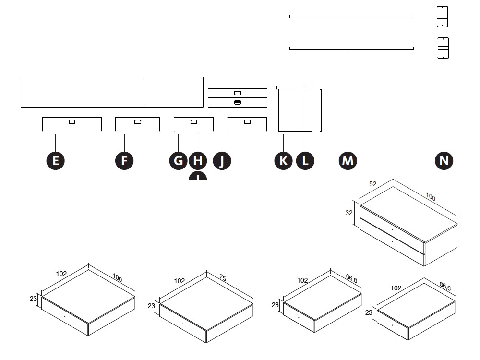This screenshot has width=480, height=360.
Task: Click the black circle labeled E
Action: (x=56, y=160)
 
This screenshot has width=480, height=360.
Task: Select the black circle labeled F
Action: (x=124, y=160)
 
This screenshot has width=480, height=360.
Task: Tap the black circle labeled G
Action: (x=179, y=160)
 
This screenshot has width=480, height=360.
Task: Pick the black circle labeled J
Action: (x=222, y=160)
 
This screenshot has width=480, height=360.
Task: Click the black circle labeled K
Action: (x=283, y=160)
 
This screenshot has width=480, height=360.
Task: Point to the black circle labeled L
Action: (x=305, y=160)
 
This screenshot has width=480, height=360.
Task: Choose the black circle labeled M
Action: (x=348, y=160)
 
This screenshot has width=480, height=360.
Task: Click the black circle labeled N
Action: (x=444, y=160)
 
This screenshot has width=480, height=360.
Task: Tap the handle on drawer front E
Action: (x=72, y=122)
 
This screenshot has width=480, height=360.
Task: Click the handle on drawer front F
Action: (x=138, y=122)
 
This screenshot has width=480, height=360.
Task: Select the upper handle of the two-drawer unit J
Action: (x=238, y=93)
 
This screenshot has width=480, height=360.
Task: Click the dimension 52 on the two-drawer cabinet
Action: (x=372, y=184)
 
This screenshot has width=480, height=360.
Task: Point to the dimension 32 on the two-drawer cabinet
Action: (x=349, y=213)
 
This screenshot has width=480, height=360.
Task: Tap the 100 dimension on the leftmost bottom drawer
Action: (x=118, y=278)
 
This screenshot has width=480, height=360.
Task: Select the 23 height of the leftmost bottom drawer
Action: (x=34, y=299)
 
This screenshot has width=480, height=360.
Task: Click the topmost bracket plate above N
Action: (x=442, y=16)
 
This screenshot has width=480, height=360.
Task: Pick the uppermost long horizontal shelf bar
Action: (x=351, y=16)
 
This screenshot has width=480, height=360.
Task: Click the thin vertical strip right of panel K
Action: (x=321, y=110)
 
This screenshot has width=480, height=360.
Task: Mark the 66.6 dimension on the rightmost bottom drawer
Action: (x=445, y=287)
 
